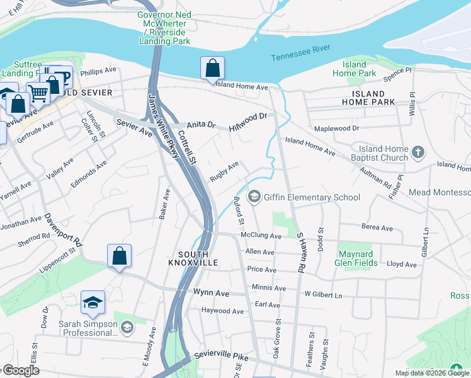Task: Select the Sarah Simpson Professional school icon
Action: point(127,326)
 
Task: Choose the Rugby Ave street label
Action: point(224,171)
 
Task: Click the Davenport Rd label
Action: point(63,230)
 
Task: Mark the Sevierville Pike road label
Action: point(222,357)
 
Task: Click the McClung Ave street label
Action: point(261,236)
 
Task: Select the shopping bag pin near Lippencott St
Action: point(119,256)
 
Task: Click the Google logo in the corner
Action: point(20,370)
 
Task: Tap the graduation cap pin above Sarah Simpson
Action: point(93,302)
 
